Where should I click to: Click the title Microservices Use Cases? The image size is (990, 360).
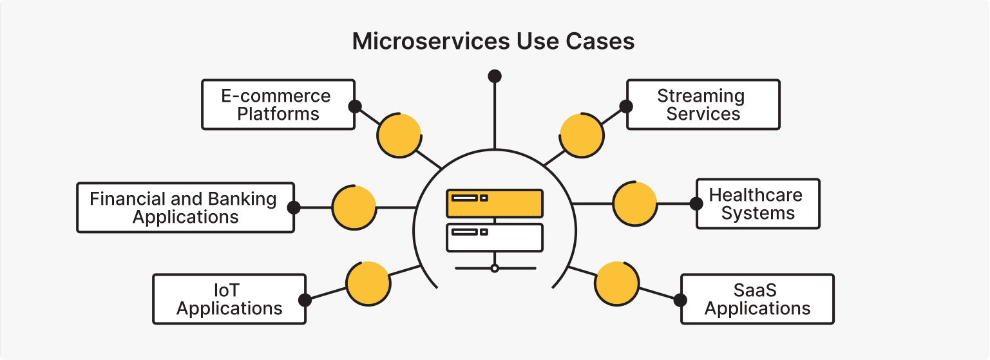[493, 42]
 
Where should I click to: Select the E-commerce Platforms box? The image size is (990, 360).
[278, 105]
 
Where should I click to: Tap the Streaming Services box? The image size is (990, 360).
[703, 105]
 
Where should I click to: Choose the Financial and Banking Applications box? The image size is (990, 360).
[185, 207]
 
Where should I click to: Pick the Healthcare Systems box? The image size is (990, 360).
[757, 204]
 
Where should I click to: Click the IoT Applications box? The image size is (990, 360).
[229, 299]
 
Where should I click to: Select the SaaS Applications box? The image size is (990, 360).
[757, 299]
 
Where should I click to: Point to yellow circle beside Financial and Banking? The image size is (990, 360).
[354, 207]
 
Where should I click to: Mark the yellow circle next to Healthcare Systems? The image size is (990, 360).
[634, 204]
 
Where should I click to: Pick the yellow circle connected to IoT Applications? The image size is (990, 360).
[368, 283]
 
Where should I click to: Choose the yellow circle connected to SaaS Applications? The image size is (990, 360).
[616, 283]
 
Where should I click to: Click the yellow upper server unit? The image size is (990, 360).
[494, 203]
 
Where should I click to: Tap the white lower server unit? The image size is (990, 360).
[494, 237]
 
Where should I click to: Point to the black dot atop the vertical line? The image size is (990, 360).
[494, 76]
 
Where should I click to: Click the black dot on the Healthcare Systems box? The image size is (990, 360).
[696, 204]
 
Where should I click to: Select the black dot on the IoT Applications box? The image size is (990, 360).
[305, 299]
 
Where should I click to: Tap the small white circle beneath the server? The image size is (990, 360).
[494, 268]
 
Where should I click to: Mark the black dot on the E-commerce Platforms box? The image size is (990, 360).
[354, 106]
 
